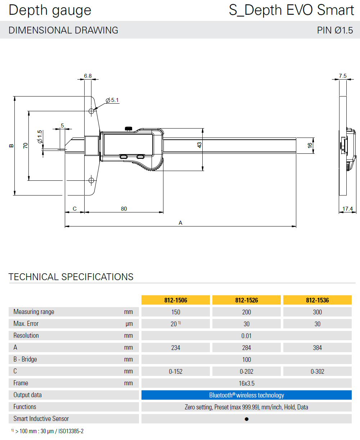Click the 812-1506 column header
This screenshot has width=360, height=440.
point(176,300)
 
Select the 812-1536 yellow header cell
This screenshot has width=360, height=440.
point(317,300)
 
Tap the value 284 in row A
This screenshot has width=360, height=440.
point(247,347)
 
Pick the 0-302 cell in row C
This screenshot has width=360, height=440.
point(317,371)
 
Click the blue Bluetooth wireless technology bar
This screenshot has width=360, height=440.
point(247,395)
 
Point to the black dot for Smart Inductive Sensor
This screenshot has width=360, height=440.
point(247,419)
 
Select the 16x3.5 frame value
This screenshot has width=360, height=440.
point(247,383)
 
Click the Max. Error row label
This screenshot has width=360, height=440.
point(26,324)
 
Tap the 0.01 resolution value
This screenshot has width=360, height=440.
point(247,336)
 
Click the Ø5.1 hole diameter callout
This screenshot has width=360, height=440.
point(112,100)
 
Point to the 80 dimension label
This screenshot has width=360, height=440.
point(124,209)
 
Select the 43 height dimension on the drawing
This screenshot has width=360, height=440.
point(199,145)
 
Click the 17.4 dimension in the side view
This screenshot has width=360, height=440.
point(347,209)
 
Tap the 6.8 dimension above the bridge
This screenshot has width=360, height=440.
point(88,76)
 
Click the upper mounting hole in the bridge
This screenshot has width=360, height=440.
point(91,112)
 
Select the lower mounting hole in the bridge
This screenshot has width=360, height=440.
point(91,180)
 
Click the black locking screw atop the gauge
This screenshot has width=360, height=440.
point(129,129)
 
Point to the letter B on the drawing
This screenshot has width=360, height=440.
point(11,145)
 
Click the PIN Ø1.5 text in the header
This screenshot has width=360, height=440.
point(335,30)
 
